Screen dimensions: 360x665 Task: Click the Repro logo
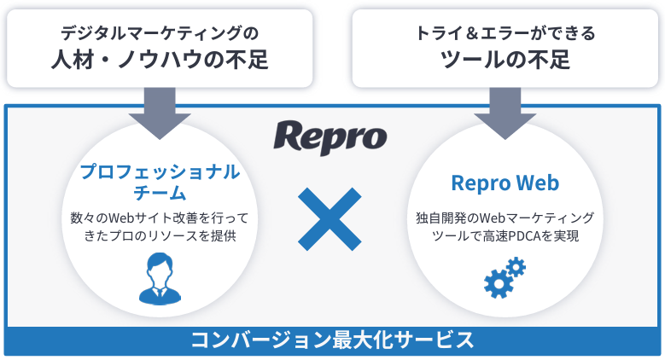(330, 136)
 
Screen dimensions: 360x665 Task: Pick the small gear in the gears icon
(516, 267)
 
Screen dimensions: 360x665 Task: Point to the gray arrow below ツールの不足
(505, 113)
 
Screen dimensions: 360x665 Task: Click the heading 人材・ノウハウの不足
(160, 61)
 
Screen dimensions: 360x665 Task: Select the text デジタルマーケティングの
(160, 33)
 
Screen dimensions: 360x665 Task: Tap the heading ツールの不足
(505, 61)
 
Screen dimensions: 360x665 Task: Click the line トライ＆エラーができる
(505, 33)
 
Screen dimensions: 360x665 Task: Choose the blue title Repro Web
(505, 183)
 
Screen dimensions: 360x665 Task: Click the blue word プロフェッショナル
(160, 171)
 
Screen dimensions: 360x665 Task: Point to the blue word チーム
(160, 194)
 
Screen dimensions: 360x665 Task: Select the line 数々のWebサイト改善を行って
(160, 218)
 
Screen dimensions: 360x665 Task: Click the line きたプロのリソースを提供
(160, 235)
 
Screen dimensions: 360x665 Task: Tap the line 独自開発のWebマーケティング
(505, 218)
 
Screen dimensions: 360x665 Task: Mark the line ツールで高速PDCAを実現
(505, 235)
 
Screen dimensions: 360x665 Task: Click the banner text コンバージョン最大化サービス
(332, 340)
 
